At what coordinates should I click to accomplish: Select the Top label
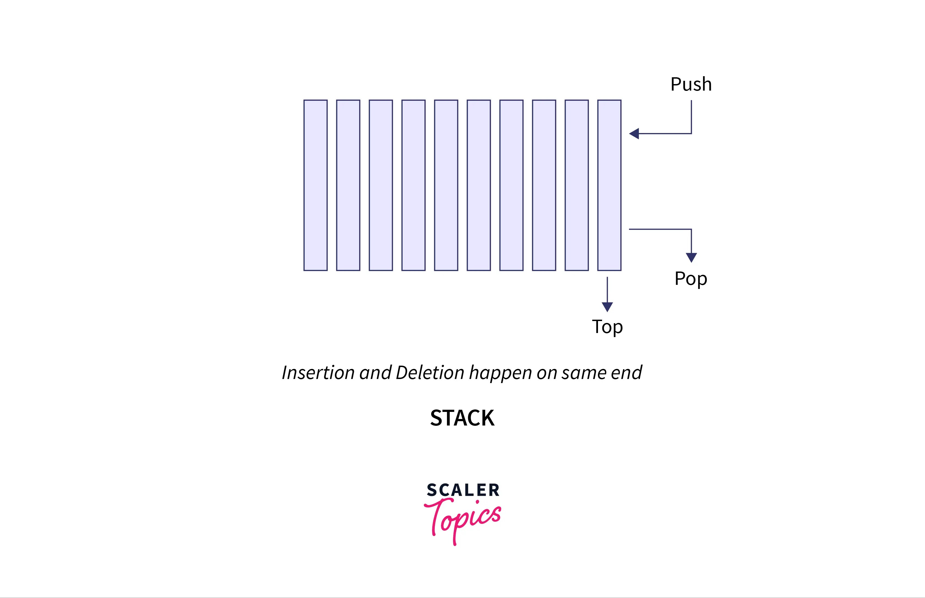click(x=607, y=327)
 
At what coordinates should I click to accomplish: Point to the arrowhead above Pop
click(x=691, y=257)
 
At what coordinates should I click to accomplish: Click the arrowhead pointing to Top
click(x=607, y=307)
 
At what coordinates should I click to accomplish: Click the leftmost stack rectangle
click(x=315, y=185)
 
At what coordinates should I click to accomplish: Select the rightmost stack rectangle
click(x=609, y=185)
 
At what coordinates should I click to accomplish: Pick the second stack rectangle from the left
click(x=348, y=185)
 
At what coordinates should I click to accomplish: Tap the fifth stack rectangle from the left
click(x=446, y=185)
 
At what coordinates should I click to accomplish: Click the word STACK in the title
click(x=462, y=418)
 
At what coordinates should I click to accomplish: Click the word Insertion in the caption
click(x=318, y=373)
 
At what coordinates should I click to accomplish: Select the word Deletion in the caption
click(x=430, y=373)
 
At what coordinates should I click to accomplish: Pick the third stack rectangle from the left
click(x=381, y=185)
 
